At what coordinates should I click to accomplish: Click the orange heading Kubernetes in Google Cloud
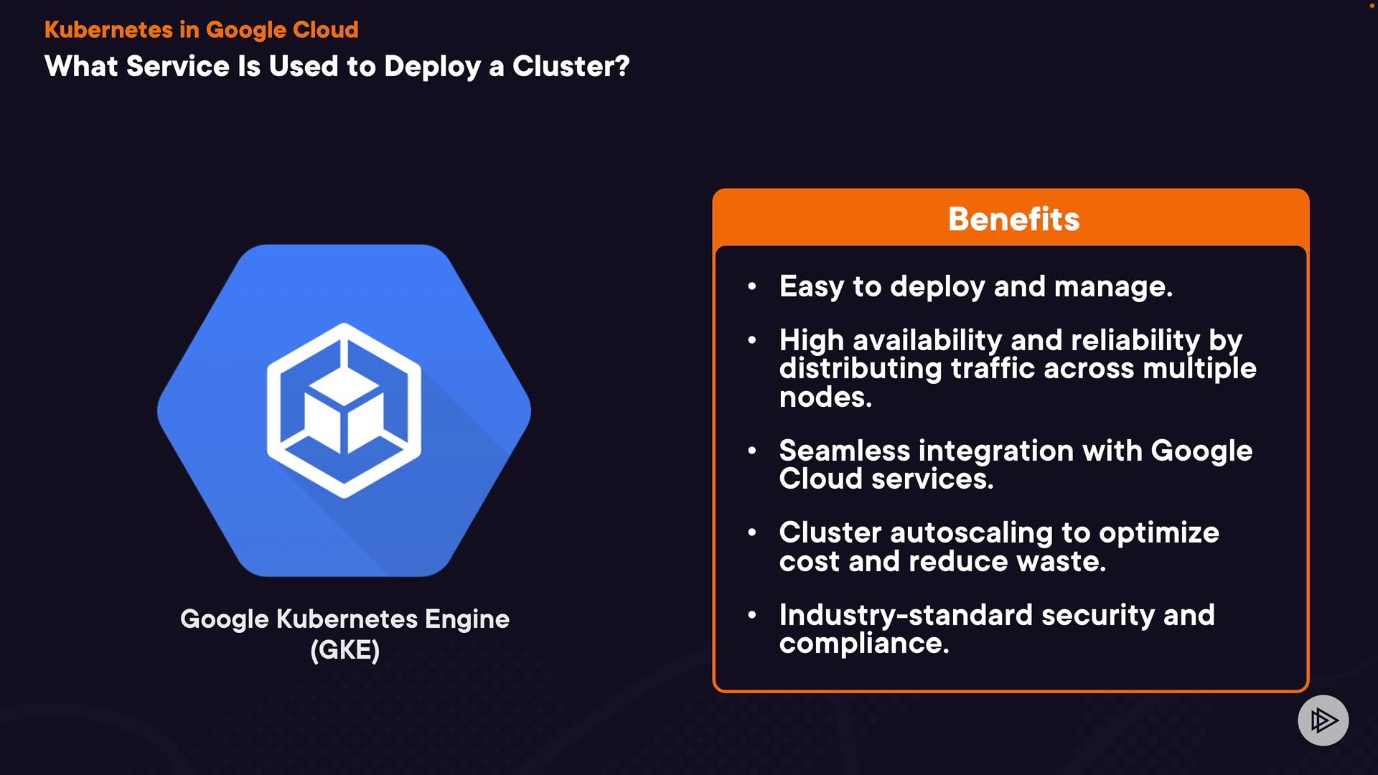(x=201, y=29)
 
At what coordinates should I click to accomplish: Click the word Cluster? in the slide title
(x=571, y=66)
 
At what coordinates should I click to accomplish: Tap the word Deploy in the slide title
(x=432, y=66)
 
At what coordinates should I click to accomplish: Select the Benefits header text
(x=1013, y=219)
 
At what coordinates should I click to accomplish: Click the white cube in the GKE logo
(x=343, y=417)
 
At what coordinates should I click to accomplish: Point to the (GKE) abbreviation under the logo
(x=344, y=650)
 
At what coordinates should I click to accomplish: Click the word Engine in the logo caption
(x=467, y=619)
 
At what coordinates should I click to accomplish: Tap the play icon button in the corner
(x=1323, y=720)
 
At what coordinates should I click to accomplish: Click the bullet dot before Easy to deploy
(x=751, y=286)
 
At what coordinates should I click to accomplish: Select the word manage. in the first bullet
(x=1113, y=286)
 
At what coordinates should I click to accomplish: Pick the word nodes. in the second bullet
(x=825, y=397)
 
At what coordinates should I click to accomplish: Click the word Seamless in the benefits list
(x=844, y=451)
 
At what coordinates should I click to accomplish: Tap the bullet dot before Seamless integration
(x=751, y=451)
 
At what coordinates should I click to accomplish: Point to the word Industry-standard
(x=905, y=615)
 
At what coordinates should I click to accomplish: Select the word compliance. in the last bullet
(x=864, y=643)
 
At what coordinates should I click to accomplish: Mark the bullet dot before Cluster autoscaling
(x=751, y=532)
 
